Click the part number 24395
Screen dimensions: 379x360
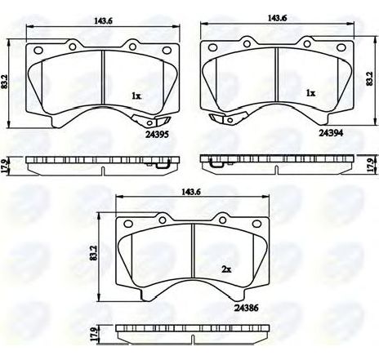(x=158, y=134)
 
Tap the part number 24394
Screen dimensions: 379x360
(x=331, y=133)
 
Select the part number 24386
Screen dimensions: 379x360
(x=246, y=308)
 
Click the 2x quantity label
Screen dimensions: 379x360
(x=226, y=269)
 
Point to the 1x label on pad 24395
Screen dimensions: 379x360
(x=136, y=96)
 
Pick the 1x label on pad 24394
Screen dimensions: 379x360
(x=310, y=93)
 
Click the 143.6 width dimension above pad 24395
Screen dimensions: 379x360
(x=103, y=21)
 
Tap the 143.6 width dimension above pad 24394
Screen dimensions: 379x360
(x=278, y=18)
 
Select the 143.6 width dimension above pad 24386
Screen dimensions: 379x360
(x=193, y=192)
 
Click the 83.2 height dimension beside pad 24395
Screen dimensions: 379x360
(x=4, y=82)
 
